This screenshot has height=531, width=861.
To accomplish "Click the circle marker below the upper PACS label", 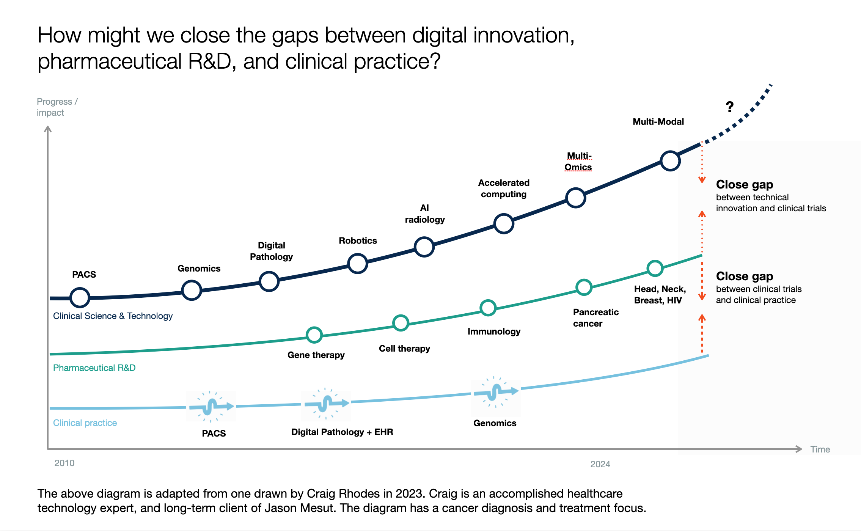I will pos(80,297).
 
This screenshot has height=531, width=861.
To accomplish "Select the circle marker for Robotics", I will pos(358,263).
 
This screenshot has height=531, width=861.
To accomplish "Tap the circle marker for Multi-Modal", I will pos(670,161).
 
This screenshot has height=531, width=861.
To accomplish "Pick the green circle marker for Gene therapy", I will pos(314,335).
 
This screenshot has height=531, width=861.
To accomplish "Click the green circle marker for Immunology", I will pos(488,308).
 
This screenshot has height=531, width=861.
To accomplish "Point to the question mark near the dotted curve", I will pos(729,107).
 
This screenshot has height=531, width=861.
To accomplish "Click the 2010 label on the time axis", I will pos(64,463).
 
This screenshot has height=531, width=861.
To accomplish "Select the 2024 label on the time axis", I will pos(600,464).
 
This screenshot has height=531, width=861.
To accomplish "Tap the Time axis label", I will pos(820,449).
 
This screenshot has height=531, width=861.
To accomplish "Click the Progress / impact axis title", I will pos(57,107).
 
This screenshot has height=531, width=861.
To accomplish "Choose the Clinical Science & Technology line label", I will pos(113,316).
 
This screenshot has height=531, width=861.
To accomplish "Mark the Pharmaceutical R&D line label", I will pos(94,368).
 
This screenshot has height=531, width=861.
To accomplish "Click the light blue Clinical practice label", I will pos(85,423).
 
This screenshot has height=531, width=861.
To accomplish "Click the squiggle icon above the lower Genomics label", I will pos(496,392).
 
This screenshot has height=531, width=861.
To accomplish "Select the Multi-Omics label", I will pos(578,162).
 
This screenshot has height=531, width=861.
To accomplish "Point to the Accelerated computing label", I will pos(504,189).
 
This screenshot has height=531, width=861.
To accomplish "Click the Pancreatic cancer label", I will pos(595,318).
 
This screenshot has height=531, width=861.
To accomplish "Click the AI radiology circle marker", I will pos(424,247).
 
